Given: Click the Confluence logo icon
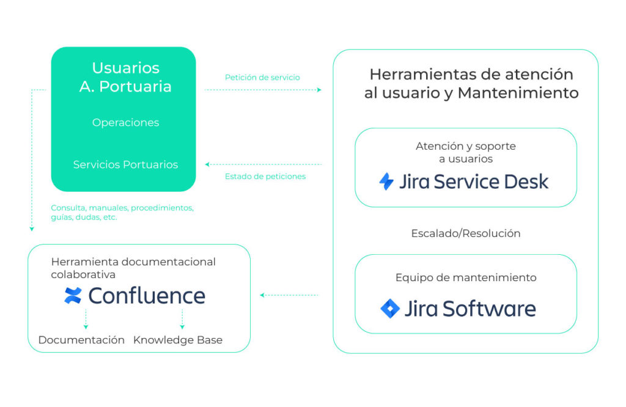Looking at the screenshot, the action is click(73, 295).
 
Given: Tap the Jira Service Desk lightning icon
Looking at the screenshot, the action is click(386, 182).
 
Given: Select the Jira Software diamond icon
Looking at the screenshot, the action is click(390, 309).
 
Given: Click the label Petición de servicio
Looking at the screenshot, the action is click(262, 78).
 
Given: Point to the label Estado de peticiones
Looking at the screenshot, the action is click(265, 177).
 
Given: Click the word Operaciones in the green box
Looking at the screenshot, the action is click(126, 122).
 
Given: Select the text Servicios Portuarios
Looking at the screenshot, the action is click(125, 164).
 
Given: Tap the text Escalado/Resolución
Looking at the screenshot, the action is click(466, 233).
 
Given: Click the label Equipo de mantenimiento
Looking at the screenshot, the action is click(466, 277).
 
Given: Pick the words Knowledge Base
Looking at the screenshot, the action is click(178, 340).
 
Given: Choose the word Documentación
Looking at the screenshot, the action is click(81, 340).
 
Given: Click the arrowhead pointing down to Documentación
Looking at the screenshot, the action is click(86, 327).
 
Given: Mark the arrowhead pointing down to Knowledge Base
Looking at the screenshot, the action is click(182, 327).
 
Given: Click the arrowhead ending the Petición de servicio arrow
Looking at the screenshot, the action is click(319, 90).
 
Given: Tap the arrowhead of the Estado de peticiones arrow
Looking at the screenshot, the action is click(207, 164).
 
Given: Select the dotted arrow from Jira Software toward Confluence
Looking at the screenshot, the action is click(289, 295).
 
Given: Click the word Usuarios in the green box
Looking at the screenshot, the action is click(126, 68).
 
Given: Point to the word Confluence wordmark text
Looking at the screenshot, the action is click(147, 296).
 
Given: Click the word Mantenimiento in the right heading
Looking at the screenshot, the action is click(518, 93).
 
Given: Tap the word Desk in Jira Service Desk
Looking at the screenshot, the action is click(526, 182).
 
